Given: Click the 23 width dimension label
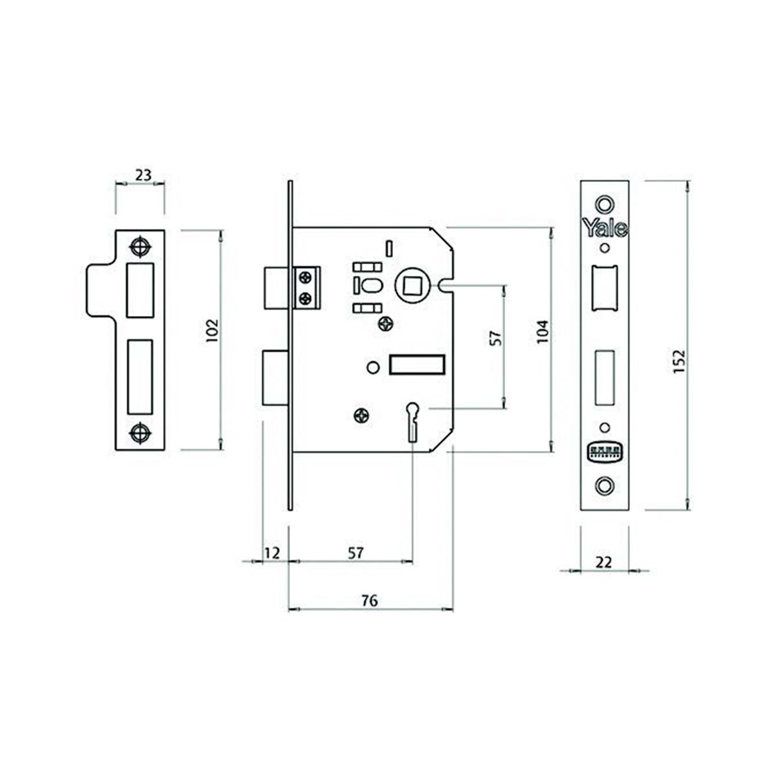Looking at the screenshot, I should point(143,174).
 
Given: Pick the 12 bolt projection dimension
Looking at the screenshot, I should point(273,552).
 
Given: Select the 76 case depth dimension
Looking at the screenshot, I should point(369,600).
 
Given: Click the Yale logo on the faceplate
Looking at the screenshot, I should point(605,228).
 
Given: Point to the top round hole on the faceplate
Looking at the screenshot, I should point(605,203).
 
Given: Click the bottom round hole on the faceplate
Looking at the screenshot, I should point(605,484).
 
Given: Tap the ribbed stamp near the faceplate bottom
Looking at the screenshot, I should point(605,452).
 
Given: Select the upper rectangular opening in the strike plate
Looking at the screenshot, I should point(140,289).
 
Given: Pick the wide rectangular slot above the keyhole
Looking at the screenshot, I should point(417,365).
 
